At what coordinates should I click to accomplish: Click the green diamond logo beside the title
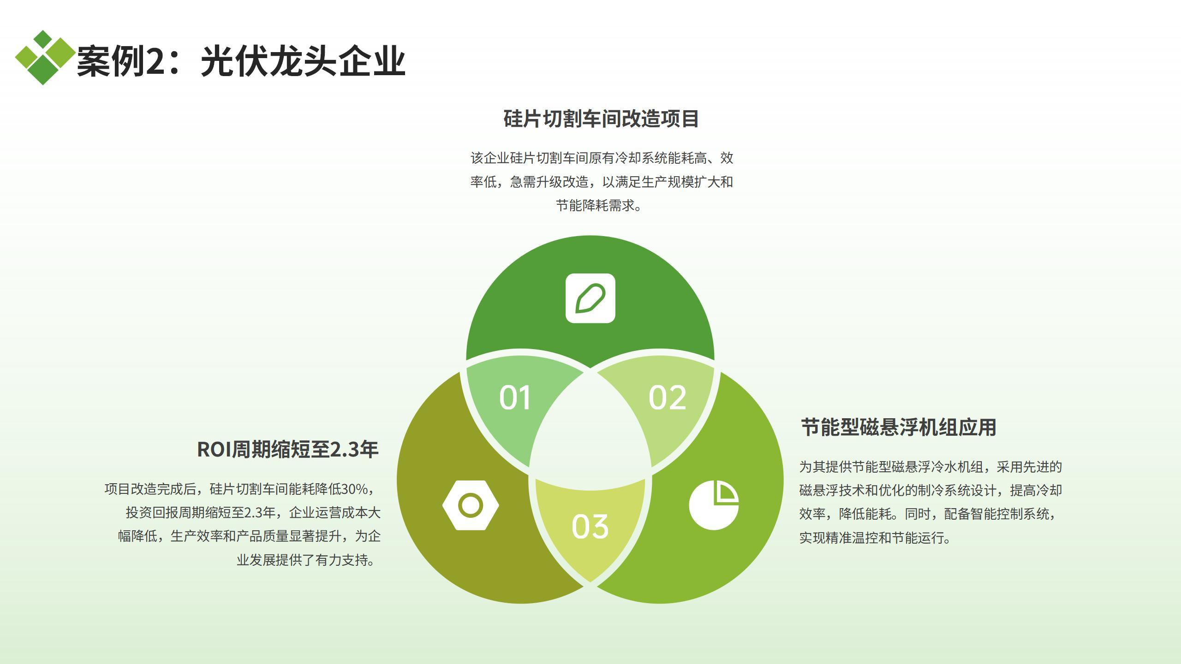click(x=44, y=58)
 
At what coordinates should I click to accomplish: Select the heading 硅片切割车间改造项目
click(x=601, y=119)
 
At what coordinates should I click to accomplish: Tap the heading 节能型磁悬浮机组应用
click(x=899, y=427)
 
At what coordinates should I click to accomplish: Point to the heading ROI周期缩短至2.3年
click(x=288, y=450)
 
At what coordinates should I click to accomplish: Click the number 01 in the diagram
click(x=515, y=397)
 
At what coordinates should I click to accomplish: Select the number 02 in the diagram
click(x=668, y=397)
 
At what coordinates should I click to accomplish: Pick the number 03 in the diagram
click(x=590, y=527)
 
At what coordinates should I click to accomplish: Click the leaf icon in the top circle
click(x=590, y=298)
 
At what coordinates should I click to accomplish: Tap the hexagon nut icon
click(x=471, y=505)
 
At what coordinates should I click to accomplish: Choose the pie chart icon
click(x=714, y=505)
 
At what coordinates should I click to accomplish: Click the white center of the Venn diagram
click(x=590, y=431)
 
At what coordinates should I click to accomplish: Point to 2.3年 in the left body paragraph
click(x=260, y=513)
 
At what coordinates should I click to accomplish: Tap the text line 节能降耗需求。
click(x=599, y=205)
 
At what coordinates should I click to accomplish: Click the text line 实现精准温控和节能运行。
click(x=875, y=538)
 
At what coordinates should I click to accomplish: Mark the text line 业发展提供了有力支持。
click(x=306, y=560)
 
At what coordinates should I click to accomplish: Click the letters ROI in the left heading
click(x=214, y=450)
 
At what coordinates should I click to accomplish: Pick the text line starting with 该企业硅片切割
click(x=602, y=158)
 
